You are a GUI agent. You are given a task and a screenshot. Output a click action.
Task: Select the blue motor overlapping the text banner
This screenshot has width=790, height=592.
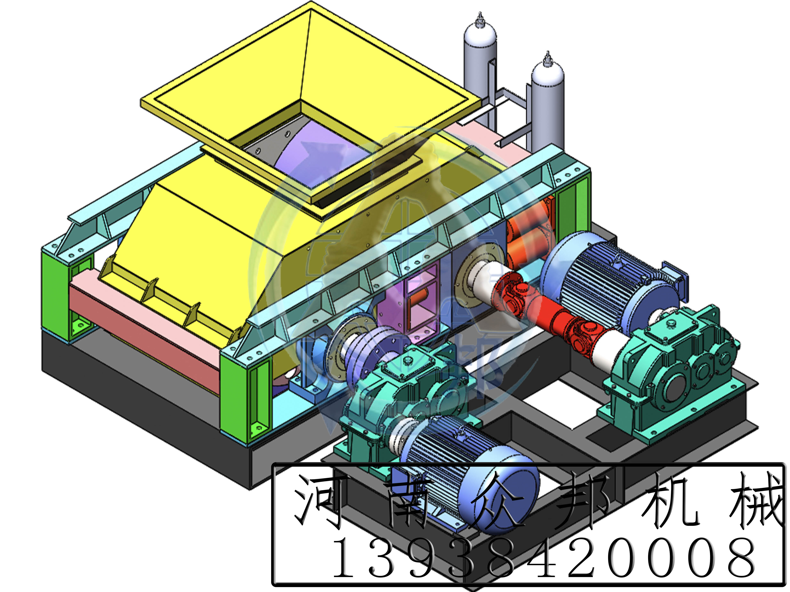pos(475,475)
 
